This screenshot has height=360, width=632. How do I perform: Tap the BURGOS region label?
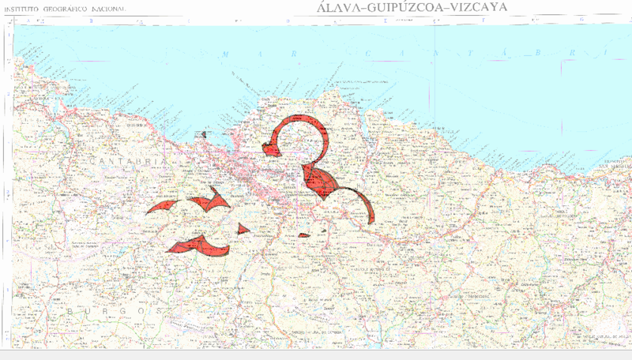pyautogui.click(x=115, y=311)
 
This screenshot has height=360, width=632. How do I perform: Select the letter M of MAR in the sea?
pyautogui.click(x=226, y=54)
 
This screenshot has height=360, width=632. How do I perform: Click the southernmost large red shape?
pyautogui.click(x=197, y=246)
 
